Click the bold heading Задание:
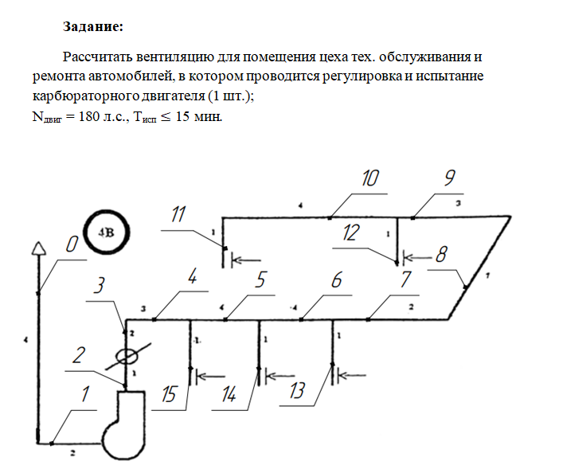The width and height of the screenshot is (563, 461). click(x=93, y=26)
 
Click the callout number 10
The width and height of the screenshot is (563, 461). click(x=369, y=178)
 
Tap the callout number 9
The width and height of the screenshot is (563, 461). click(x=450, y=178)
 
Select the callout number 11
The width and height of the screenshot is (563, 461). click(x=178, y=214)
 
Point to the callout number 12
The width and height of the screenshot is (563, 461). click(x=350, y=232)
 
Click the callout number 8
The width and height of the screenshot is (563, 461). click(x=441, y=255)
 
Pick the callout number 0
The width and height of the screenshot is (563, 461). click(x=72, y=244)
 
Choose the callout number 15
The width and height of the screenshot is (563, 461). click(x=168, y=394)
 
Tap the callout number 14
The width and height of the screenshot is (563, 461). click(x=229, y=394)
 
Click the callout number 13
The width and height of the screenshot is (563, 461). click(x=296, y=390)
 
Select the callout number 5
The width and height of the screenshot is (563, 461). click(x=260, y=279)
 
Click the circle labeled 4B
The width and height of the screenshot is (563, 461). click(x=107, y=232)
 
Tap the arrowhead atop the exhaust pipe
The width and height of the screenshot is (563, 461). click(x=39, y=248)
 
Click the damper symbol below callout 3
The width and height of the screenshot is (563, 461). click(x=127, y=356)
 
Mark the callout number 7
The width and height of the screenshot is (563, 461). click(x=405, y=279)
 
